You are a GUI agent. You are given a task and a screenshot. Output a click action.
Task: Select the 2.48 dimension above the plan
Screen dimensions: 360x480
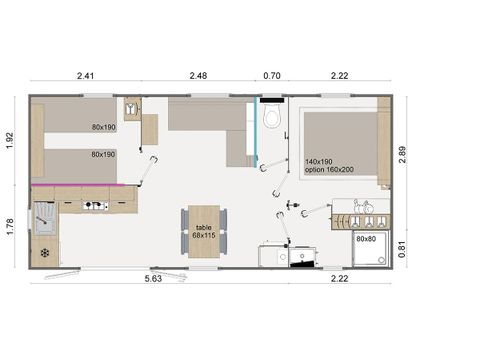[x=199, y=74]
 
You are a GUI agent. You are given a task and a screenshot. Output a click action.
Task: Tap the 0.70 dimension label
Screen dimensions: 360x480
[x=271, y=74]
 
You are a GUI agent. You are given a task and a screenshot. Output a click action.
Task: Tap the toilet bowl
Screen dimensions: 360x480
[x=271, y=119]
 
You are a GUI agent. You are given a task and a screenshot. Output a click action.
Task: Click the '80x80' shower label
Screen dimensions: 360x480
[x=367, y=240]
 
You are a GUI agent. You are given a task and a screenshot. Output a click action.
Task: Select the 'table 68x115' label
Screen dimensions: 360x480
[x=204, y=232]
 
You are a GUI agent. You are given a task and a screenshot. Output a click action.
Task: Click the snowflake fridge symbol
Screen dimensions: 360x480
[x=43, y=253]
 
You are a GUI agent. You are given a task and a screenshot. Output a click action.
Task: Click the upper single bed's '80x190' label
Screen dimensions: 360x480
[x=103, y=127]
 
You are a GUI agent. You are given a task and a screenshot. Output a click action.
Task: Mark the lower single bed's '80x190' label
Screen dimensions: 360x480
[x=103, y=155]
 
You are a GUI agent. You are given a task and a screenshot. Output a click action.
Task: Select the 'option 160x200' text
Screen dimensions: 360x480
[x=331, y=170]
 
